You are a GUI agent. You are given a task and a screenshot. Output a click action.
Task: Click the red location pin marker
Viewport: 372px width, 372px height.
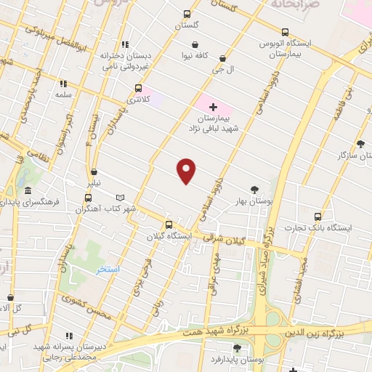(x=187, y=171)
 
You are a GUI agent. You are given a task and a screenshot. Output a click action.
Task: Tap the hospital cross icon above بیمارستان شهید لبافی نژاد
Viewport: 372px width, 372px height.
(x=212, y=107)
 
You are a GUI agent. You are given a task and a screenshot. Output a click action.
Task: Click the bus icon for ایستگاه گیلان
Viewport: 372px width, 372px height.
(x=169, y=225)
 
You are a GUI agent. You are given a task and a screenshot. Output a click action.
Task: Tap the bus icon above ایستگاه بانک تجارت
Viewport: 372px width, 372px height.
(x=317, y=216)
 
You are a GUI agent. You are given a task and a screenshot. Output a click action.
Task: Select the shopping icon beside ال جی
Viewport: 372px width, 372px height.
(x=222, y=58)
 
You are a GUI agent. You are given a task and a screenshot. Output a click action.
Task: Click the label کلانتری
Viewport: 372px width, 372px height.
(x=137, y=98)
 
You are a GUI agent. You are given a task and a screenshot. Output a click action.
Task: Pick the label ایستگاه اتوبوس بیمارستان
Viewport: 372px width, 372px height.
(x=285, y=49)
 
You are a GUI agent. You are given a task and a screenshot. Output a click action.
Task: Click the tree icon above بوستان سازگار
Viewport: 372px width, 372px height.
(x=361, y=144)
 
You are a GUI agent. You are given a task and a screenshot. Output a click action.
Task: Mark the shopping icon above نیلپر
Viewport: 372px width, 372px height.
(x=94, y=172)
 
